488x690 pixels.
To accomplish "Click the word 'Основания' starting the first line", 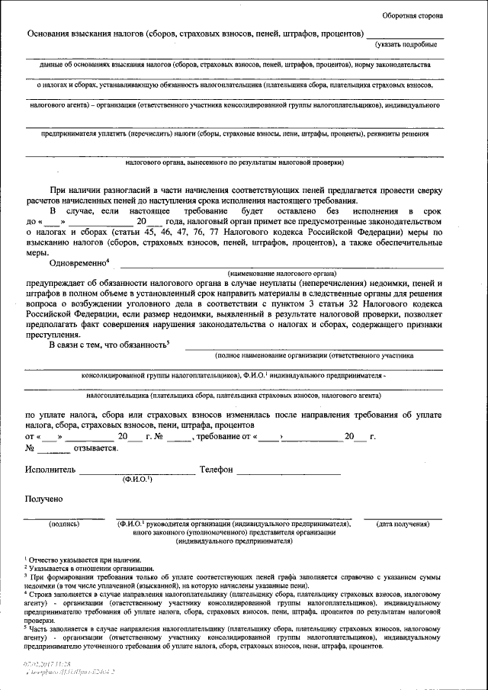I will pos(50,35).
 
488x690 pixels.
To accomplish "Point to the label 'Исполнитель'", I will pos(50,470).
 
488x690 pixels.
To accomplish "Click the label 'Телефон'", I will pos(216,470).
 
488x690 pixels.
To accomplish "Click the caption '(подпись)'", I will pos(65,525).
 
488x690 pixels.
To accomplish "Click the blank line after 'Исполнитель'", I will pos(137,473).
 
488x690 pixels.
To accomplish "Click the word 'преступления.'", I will pos(53,334).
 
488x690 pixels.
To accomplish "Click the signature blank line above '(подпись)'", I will pos(65,518).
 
